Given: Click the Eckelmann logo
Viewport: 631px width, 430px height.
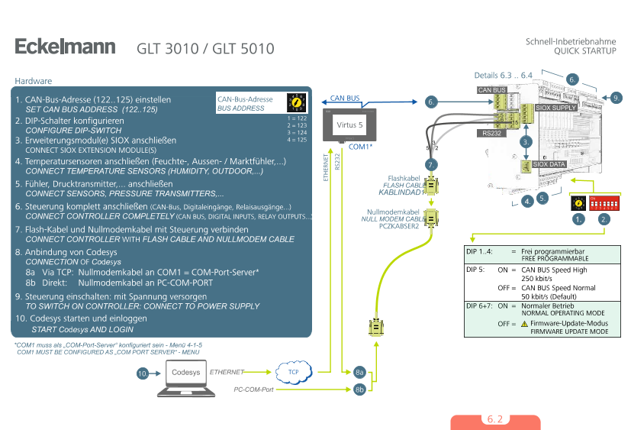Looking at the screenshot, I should (65, 47).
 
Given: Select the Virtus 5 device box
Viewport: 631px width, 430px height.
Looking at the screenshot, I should (350, 123).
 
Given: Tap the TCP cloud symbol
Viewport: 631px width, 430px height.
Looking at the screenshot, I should (293, 372).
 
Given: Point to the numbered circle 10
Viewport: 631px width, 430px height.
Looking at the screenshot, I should (143, 374).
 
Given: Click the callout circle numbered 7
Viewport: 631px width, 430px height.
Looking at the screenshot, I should (430, 165).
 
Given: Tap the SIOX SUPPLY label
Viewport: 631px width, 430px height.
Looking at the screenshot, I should (556, 108).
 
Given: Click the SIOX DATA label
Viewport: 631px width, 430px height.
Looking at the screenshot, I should (549, 164).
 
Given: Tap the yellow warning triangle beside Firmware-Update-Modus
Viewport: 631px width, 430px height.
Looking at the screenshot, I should (524, 324).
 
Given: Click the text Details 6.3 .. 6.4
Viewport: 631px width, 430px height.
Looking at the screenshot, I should (503, 76).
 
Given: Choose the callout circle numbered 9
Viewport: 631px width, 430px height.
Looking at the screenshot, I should (617, 97).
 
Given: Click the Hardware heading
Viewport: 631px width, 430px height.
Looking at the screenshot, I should (34, 81).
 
